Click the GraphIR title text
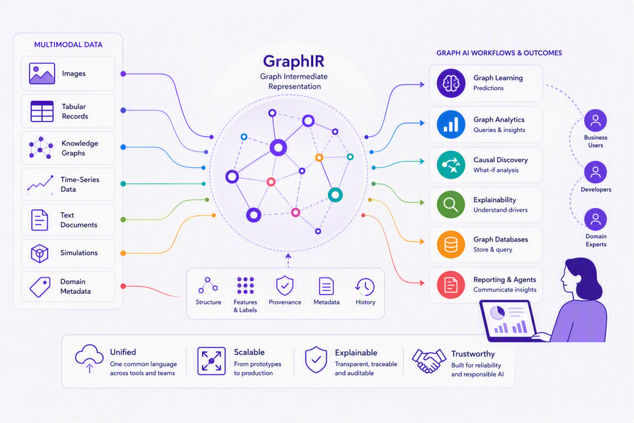[x=294, y=61]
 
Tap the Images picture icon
[x=42, y=73]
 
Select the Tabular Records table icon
[x=42, y=112]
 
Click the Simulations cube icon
[x=39, y=253]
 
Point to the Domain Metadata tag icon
[x=40, y=287]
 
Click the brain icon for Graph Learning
[x=451, y=84]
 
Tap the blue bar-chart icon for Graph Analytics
[x=451, y=124]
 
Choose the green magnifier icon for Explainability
[x=451, y=204]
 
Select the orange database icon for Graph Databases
[x=451, y=244]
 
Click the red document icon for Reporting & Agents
[x=451, y=284]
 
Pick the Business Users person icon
[x=595, y=121]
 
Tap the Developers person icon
[x=595, y=172]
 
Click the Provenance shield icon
[x=285, y=286]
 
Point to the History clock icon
[x=365, y=287]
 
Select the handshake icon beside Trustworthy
[x=428, y=361]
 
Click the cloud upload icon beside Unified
[x=89, y=358]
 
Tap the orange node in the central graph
[x=319, y=158]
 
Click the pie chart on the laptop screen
[x=497, y=313]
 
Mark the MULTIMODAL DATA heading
[x=68, y=45]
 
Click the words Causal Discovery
[x=500, y=160]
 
